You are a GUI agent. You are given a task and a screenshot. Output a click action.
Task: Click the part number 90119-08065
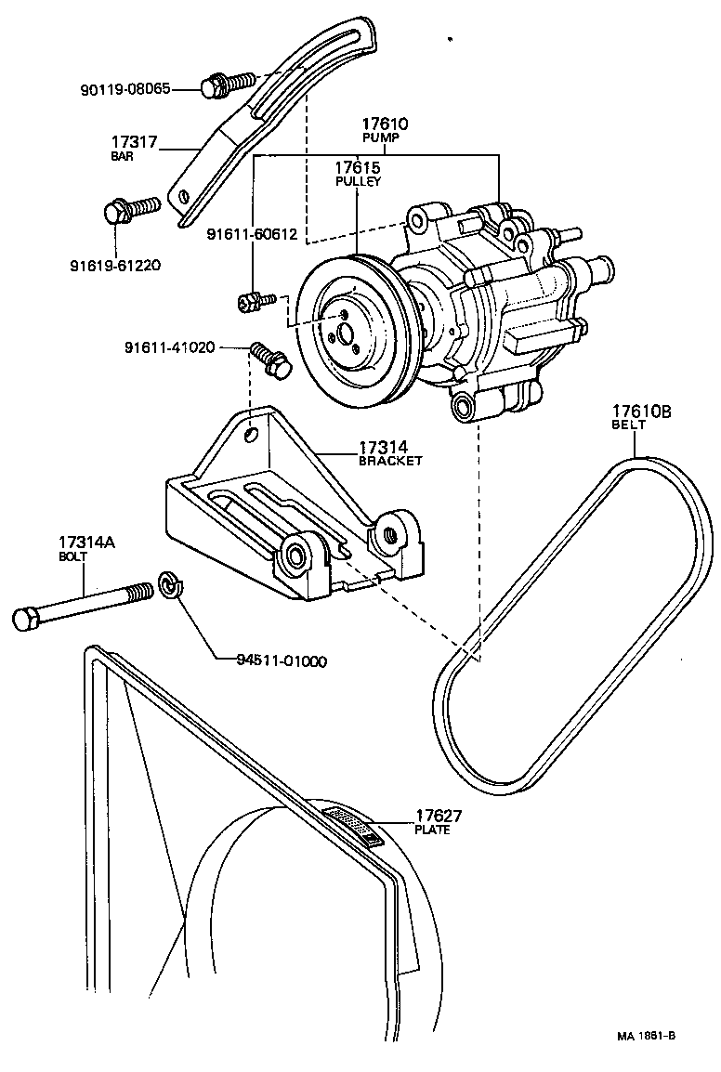pyautogui.click(x=138, y=90)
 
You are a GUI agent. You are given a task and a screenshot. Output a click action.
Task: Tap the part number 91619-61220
pyautogui.click(x=115, y=265)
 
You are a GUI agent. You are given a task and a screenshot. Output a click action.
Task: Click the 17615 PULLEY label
pyautogui.click(x=358, y=174)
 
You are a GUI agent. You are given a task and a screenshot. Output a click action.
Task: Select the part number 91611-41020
pyautogui.click(x=170, y=347)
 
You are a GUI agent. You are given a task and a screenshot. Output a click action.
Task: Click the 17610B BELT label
pyautogui.click(x=640, y=415)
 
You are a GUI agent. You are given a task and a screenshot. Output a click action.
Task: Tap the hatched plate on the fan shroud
pyautogui.click(x=352, y=824)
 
